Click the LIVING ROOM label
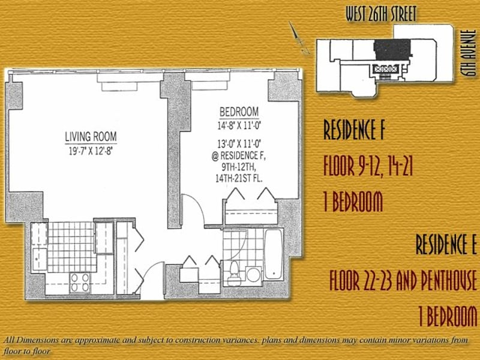(x=91, y=136)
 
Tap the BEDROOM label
(x=239, y=112)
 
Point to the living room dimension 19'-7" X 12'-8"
(x=91, y=151)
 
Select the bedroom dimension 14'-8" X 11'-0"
(x=239, y=126)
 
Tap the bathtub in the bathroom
(x=273, y=254)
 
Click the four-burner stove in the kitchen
(x=80, y=282)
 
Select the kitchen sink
(x=40, y=259)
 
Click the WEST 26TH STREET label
(x=381, y=14)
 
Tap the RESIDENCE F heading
(x=353, y=130)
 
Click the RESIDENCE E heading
(x=446, y=244)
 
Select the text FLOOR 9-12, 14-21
(x=368, y=167)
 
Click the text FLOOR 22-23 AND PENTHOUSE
(x=403, y=280)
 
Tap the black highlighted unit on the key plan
(x=392, y=49)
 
